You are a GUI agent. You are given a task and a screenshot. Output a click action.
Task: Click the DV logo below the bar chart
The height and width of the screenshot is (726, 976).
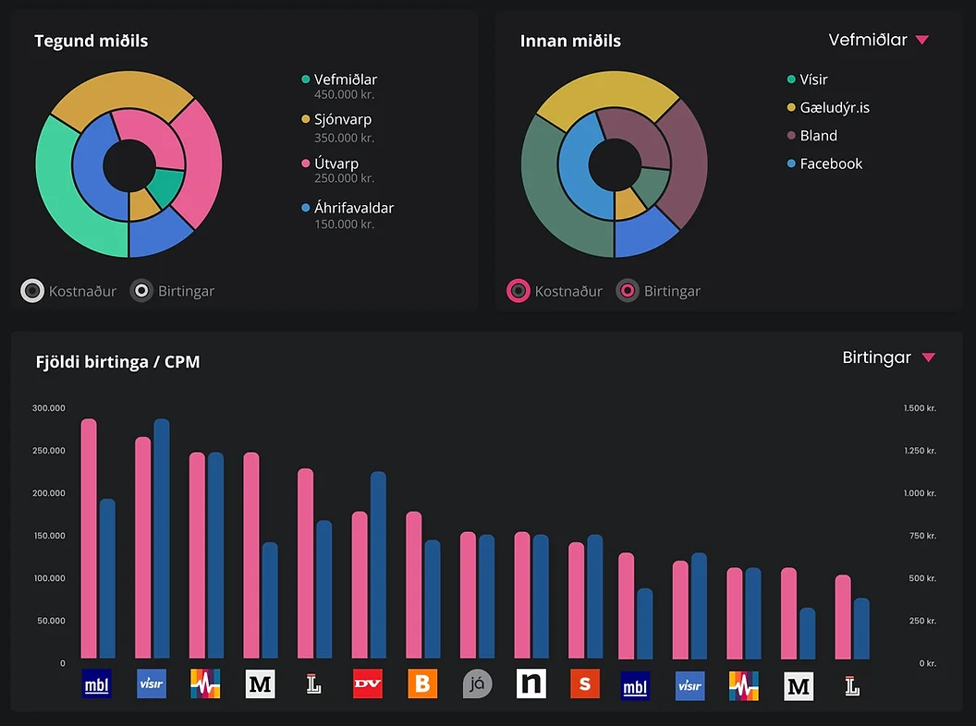pyautogui.click(x=368, y=684)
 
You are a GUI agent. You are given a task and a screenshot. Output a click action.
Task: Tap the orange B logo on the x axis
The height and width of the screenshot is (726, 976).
pyautogui.click(x=422, y=684)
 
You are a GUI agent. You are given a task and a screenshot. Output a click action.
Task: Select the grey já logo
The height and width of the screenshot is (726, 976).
pyautogui.click(x=477, y=684)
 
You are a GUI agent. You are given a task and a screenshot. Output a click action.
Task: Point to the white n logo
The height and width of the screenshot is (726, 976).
pyautogui.click(x=531, y=684)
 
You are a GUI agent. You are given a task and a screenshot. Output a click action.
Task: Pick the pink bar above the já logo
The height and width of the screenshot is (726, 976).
pyautogui.click(x=469, y=595)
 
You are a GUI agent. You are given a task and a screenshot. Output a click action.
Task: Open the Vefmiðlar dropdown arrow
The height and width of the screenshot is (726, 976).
pyautogui.click(x=921, y=40)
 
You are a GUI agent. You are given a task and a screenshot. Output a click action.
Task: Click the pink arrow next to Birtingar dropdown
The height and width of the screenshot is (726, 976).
pyautogui.click(x=929, y=357)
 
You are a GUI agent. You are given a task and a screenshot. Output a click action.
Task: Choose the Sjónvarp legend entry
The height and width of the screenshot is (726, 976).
pyautogui.click(x=342, y=119)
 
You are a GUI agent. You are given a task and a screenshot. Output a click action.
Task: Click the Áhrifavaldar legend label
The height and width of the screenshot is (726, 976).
pyautogui.click(x=353, y=208)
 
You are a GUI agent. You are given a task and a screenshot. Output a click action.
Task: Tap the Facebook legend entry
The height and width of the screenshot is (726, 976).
pyautogui.click(x=830, y=163)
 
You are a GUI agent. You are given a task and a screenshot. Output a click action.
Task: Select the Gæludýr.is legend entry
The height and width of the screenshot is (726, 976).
pyautogui.click(x=834, y=107)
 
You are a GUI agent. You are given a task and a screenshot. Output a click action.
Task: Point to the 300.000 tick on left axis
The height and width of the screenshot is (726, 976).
pyautogui.click(x=49, y=407)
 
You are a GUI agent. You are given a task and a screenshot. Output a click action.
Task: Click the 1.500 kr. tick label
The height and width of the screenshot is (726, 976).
pyautogui.click(x=920, y=407)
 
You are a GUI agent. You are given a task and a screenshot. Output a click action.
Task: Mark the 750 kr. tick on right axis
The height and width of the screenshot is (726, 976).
pyautogui.click(x=921, y=536)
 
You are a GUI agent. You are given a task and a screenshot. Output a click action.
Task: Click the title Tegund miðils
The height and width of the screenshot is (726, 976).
pyautogui.click(x=91, y=41)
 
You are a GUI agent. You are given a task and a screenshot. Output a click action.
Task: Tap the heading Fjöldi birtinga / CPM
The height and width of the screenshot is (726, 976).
pyautogui.click(x=117, y=362)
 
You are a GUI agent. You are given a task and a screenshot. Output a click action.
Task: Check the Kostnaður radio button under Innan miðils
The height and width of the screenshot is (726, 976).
pyautogui.click(x=518, y=291)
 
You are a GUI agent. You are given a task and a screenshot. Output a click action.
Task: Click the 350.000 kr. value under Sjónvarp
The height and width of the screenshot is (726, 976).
pyautogui.click(x=344, y=138)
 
